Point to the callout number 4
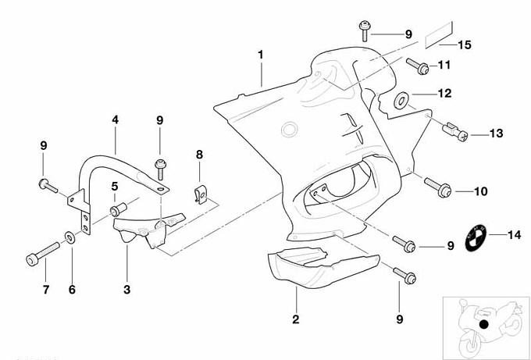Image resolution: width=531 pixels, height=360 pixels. point(115,120)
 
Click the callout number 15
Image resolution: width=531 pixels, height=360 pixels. point(464,45)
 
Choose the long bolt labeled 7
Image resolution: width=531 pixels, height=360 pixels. point(42,255)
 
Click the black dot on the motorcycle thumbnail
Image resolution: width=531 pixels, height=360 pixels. point(484,323)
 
